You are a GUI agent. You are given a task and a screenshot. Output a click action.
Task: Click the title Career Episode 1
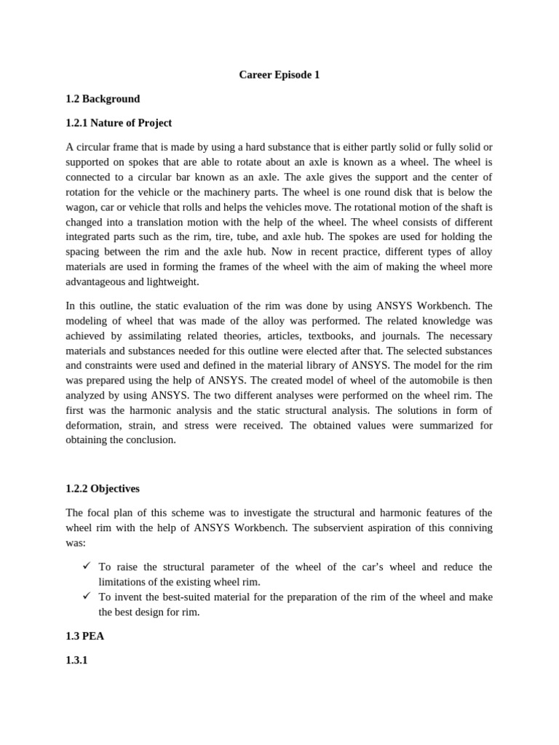(x=279, y=75)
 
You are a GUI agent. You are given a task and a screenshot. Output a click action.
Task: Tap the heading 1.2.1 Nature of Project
(x=119, y=123)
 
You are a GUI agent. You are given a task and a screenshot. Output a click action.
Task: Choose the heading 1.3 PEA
(x=85, y=636)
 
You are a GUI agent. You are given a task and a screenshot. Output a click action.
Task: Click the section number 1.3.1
(x=76, y=660)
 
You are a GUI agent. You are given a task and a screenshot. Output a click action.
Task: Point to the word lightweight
(x=170, y=282)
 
